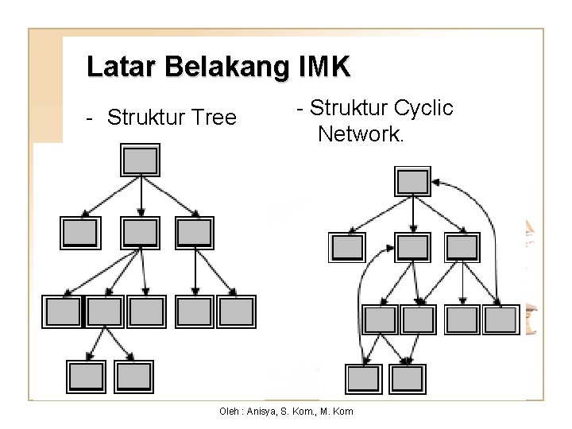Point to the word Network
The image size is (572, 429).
(361, 133)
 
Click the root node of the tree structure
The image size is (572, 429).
(141, 161)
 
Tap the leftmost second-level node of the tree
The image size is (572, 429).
(81, 232)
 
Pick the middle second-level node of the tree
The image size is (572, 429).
(140, 232)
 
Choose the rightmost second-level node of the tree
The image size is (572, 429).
(195, 232)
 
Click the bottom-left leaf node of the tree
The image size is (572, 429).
(86, 374)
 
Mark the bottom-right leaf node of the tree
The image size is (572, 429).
(133, 374)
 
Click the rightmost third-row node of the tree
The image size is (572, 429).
(236, 311)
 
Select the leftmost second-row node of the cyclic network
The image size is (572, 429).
(348, 247)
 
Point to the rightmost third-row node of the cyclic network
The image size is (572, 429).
(500, 319)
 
